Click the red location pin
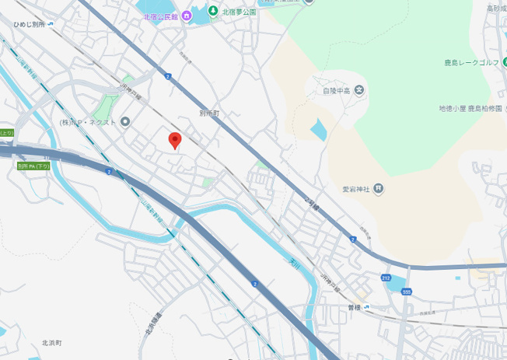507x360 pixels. coord(175,140)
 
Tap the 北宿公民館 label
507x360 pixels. coord(160,16)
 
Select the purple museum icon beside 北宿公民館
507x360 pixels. coord(187,16)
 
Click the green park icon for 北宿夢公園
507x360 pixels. coord(213,11)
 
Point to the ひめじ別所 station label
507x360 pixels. coord(29,24)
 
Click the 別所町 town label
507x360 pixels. coord(210,113)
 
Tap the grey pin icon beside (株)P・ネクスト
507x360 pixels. coord(125,121)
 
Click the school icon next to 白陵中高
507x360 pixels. coord(358,90)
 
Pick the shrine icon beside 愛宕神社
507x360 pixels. coord(378,187)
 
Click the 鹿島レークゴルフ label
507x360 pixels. coord(475,61)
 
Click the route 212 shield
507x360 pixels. coord(386,278)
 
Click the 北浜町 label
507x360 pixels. coord(51,342)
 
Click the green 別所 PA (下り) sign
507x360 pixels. coord(33,166)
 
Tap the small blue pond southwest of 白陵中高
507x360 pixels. coord(319,130)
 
